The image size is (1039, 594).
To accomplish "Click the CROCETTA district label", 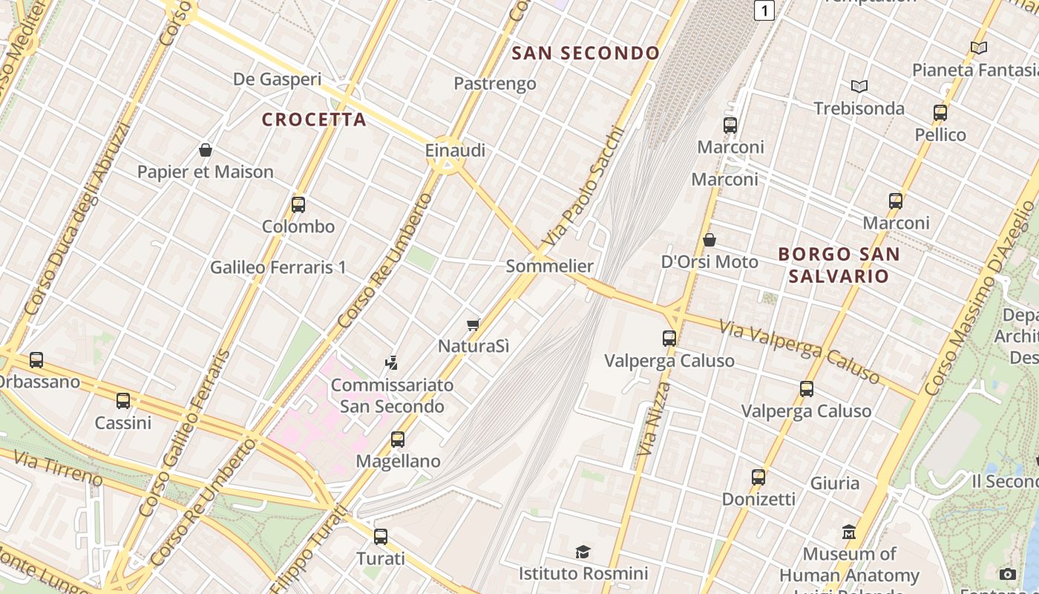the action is [x=314, y=120].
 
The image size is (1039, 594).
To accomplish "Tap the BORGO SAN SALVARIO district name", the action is [x=839, y=265].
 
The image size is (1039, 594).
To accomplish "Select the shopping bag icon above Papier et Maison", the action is [x=206, y=150].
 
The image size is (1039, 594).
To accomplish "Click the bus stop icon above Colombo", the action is [x=298, y=205].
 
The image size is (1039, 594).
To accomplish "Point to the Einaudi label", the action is [x=455, y=151].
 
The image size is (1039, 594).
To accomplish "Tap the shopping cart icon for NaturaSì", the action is [x=473, y=324].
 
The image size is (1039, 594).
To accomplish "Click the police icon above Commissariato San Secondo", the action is [x=392, y=363].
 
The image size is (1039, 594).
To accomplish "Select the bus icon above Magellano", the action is [x=398, y=440].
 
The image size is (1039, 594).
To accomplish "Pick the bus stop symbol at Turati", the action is [x=381, y=536].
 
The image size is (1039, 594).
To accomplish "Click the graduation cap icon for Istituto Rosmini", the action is [x=583, y=552].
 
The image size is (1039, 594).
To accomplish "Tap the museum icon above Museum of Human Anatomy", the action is [x=849, y=532].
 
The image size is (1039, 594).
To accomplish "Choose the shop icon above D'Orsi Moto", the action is [x=709, y=240].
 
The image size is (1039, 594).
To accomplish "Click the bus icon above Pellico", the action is [x=940, y=113].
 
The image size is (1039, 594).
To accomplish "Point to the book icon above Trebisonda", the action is [x=859, y=86].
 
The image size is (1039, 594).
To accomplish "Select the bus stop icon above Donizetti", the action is [x=758, y=477].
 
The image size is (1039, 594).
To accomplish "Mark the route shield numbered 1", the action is [x=764, y=10].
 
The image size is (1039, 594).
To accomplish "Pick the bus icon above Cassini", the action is [x=123, y=401].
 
